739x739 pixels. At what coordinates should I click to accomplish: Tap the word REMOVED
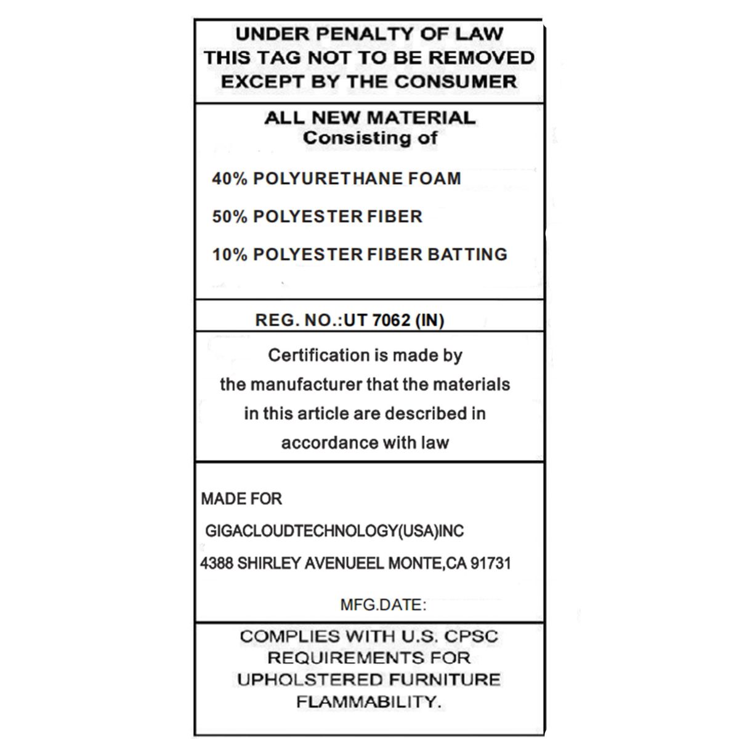coord(482,57)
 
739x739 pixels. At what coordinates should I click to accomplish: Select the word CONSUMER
coord(455,81)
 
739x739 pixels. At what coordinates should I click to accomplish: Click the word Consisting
coord(350,138)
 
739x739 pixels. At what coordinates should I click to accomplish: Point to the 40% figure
coord(230,179)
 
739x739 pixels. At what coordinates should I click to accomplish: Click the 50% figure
coord(230,217)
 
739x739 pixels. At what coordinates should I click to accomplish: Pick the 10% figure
coord(230,254)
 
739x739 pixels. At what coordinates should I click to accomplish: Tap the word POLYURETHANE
coord(327,179)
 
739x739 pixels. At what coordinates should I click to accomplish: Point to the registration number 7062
coord(392,320)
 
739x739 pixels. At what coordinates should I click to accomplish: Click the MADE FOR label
coord(241,499)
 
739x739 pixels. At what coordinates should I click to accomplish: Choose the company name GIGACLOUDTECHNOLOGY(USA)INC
coord(334,531)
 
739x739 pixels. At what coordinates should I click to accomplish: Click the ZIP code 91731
coord(490,563)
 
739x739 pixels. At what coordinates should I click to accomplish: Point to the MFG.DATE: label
coord(383,605)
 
